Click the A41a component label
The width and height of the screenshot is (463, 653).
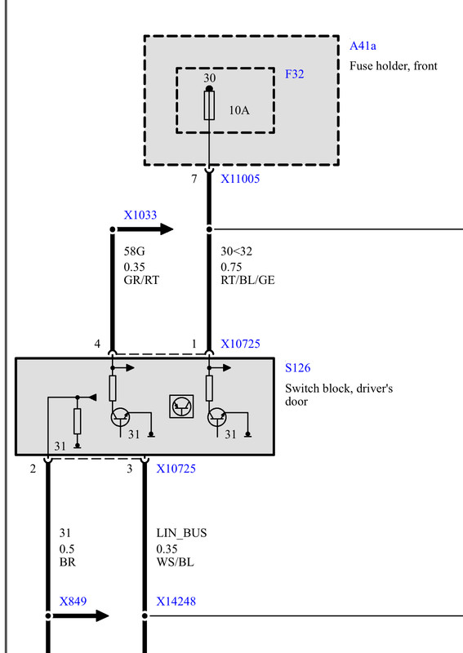[x=363, y=46]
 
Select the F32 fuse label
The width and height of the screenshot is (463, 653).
[x=294, y=74]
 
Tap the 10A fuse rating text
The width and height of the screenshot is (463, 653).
[x=238, y=110]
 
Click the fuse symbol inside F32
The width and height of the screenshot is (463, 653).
[x=209, y=106]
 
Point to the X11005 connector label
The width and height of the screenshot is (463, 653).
[x=240, y=179]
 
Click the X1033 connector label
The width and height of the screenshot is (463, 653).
[x=140, y=215]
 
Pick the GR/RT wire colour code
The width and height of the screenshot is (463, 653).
[x=141, y=280]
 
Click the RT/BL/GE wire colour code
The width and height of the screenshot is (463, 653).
[x=247, y=280]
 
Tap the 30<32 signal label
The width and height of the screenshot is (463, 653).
[x=236, y=251]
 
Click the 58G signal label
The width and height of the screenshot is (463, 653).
[x=134, y=251]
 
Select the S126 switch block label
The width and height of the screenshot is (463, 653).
[x=297, y=368]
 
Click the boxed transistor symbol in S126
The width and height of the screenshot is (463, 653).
[x=181, y=406]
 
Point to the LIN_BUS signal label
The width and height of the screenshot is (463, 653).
[x=181, y=533]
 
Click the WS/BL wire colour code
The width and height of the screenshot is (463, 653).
[x=175, y=562]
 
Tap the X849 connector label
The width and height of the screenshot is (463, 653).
[x=73, y=602]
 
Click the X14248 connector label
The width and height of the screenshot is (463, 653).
[x=176, y=602]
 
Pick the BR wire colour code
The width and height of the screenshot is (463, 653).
[x=68, y=562]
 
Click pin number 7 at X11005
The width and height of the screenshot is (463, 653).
[x=194, y=179]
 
